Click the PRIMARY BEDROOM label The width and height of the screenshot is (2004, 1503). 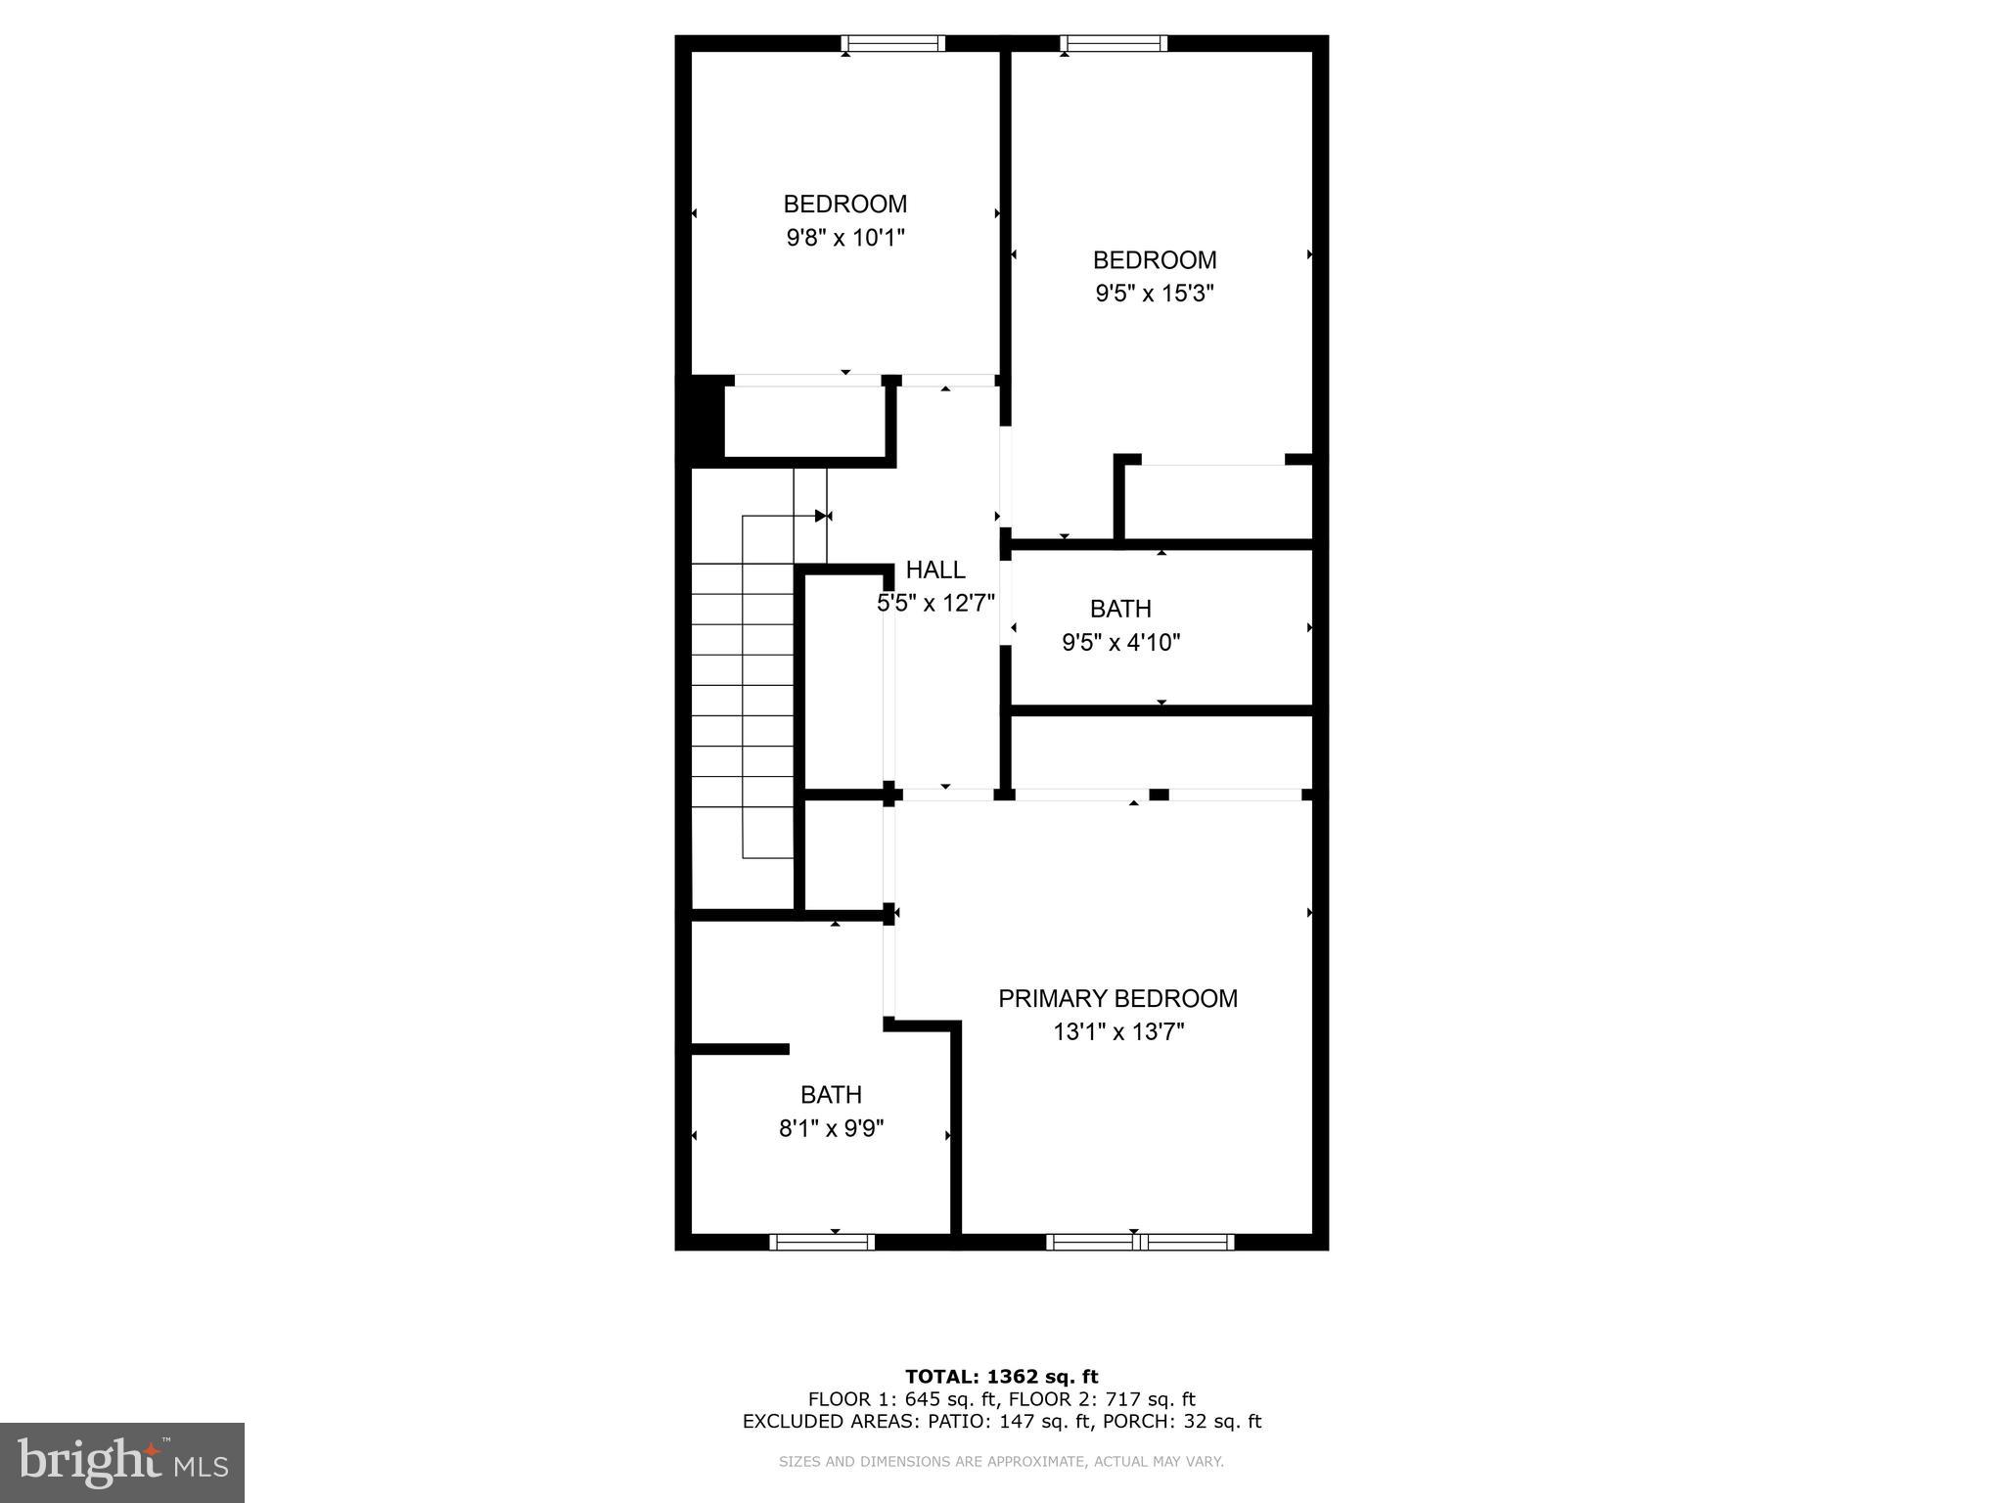pos(1117,998)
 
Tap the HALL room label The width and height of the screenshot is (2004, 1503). pos(935,569)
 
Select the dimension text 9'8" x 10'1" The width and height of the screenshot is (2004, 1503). pos(845,238)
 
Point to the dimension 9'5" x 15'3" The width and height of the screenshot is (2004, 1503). pos(1155,294)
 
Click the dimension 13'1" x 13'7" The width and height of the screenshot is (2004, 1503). pos(1118,1031)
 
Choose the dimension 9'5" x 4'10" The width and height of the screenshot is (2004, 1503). pos(1121,643)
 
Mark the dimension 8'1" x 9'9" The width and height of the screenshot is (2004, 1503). pos(832,1128)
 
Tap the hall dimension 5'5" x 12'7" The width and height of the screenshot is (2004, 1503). pos(935,603)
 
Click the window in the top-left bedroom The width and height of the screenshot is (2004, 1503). pos(893,43)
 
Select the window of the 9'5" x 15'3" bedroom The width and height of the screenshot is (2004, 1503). pos(1115,43)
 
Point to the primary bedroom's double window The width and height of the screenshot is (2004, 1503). pos(1140,1242)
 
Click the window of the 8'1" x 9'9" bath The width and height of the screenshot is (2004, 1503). pos(822,1242)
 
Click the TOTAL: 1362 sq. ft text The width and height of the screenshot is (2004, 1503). pos(1001,1377)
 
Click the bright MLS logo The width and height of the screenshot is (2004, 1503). pos(122,1463)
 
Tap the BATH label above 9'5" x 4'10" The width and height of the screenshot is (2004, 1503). pos(1120,609)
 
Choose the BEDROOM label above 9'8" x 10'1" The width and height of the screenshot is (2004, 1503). pos(845,205)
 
